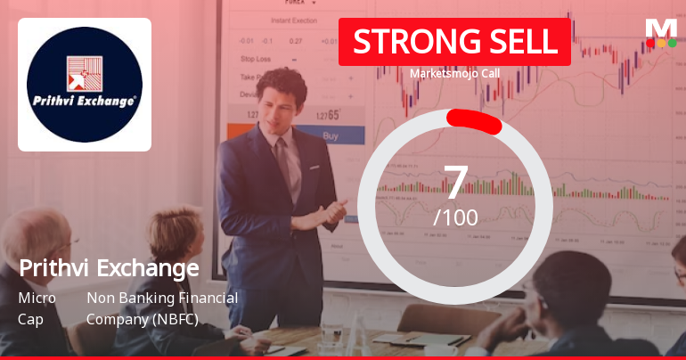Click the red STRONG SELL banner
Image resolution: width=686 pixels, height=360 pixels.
(x=453, y=41)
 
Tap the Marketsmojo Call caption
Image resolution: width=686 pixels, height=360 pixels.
(x=453, y=74)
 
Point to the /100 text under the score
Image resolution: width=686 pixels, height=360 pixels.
(x=455, y=217)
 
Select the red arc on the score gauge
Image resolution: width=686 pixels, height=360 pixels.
(x=474, y=119)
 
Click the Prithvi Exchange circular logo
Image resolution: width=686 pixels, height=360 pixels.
(x=86, y=84)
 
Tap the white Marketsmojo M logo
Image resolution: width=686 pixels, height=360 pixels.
(x=661, y=28)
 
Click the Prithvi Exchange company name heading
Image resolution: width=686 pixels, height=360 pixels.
(x=109, y=267)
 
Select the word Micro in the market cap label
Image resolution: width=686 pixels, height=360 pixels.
(x=37, y=298)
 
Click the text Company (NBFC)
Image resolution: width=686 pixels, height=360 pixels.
(x=142, y=318)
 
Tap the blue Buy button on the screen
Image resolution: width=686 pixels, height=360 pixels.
(x=331, y=136)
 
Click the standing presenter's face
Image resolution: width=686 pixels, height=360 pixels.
(x=282, y=94)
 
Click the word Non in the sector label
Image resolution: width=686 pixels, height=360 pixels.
(x=99, y=298)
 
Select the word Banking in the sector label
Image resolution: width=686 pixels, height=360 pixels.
(x=143, y=298)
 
